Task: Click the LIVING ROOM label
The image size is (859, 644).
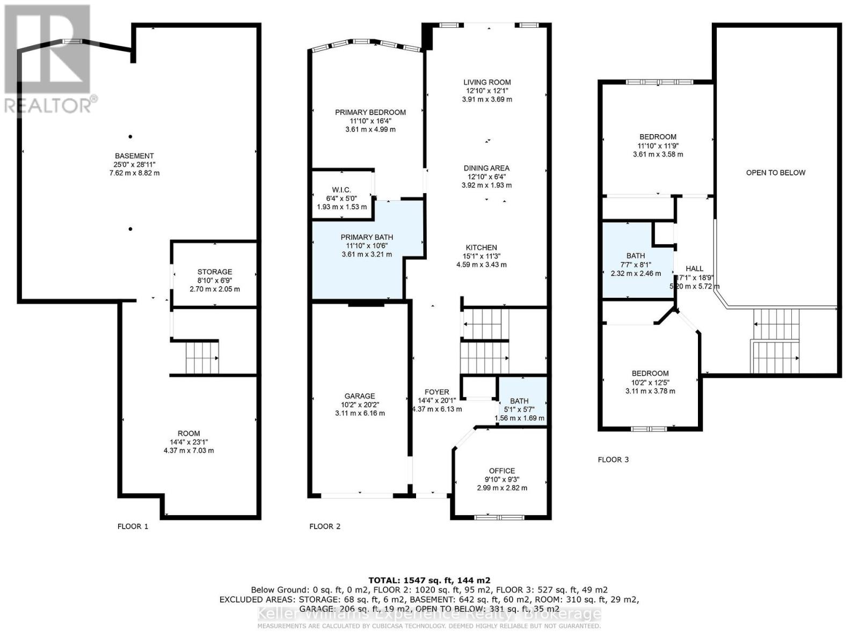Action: click(487, 82)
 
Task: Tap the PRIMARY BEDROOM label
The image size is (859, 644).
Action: click(370, 112)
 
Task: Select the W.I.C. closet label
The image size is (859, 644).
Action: click(341, 190)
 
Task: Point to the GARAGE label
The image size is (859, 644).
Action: click(360, 396)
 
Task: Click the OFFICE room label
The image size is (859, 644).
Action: click(502, 471)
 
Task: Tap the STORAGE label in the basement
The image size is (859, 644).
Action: click(215, 272)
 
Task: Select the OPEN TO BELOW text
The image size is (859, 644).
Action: click(775, 172)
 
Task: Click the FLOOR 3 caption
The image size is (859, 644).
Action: click(613, 459)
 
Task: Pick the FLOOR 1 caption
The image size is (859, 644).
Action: click(133, 526)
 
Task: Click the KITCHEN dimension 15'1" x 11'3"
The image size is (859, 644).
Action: click(481, 256)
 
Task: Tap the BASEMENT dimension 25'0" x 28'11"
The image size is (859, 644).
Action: click(134, 164)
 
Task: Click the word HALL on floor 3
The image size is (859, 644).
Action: click(694, 268)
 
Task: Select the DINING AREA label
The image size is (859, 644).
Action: click(486, 168)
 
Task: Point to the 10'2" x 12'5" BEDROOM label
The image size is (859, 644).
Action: click(650, 374)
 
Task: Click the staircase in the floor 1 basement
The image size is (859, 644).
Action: click(202, 357)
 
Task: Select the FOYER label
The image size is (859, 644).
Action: click(436, 392)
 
